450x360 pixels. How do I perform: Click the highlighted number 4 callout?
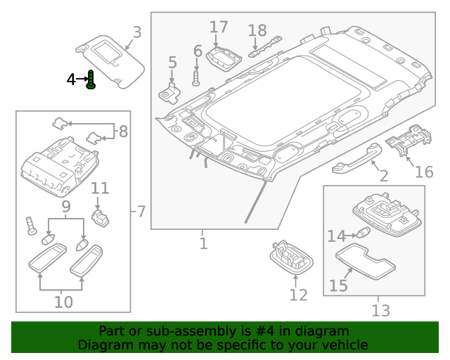point(71,80)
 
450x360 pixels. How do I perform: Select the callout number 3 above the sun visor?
point(137,32)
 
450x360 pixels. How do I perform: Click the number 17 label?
point(219,27)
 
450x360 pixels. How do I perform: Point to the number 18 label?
point(257,30)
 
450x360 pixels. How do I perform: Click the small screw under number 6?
point(197,77)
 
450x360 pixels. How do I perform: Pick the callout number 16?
point(424,172)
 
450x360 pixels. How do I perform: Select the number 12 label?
point(298,295)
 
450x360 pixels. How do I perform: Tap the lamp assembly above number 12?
point(291,257)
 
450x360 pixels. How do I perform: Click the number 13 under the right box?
point(380,310)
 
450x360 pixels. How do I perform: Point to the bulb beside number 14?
point(363,235)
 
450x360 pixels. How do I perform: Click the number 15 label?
point(339,285)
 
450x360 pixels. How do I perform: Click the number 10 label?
point(63,302)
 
